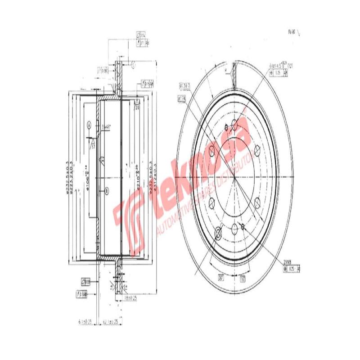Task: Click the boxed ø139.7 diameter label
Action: click(185, 84)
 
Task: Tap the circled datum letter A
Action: click(89, 124)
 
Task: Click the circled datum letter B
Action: click(106, 190)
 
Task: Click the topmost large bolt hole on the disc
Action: click(234, 126)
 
